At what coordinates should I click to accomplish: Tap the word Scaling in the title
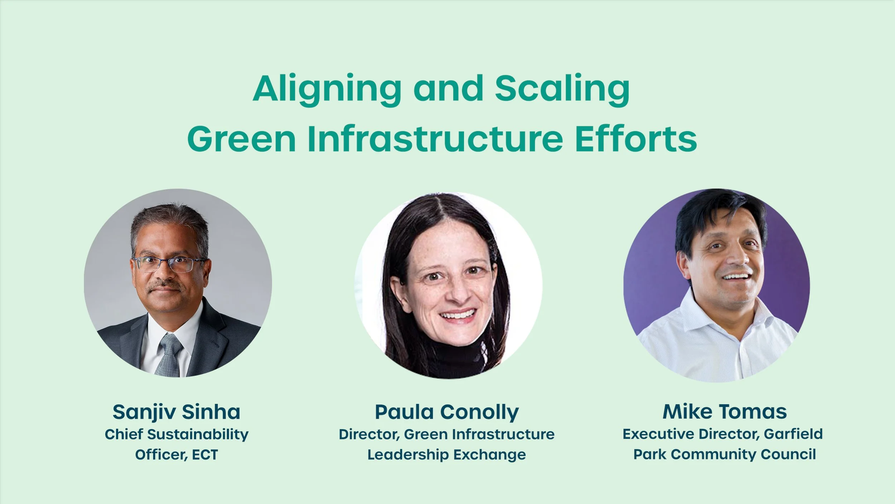pyautogui.click(x=562, y=90)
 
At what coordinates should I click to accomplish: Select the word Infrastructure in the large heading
pyautogui.click(x=435, y=139)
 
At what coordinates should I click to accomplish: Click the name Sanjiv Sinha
pyautogui.click(x=176, y=412)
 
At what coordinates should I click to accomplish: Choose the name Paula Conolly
pyautogui.click(x=446, y=412)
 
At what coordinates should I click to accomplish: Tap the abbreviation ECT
pyautogui.click(x=205, y=455)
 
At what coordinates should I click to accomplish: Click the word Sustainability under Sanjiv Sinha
pyautogui.click(x=198, y=434)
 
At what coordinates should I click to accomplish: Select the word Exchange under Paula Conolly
pyautogui.click(x=489, y=455)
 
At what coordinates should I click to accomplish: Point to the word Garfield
pyautogui.click(x=793, y=434)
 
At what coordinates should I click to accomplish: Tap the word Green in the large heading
pyautogui.click(x=241, y=139)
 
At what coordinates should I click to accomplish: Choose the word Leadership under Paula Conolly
pyautogui.click(x=408, y=455)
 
